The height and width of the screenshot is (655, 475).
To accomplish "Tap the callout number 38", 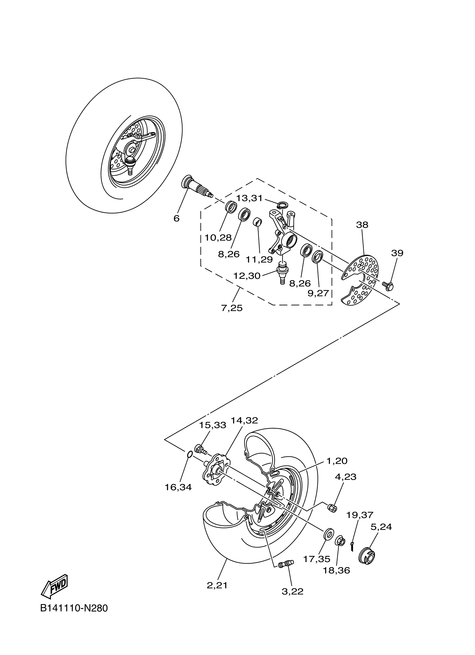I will click(x=362, y=225).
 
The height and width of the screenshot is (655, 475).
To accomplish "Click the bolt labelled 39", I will click(x=388, y=286).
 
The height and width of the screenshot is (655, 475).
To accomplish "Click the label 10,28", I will click(x=218, y=237).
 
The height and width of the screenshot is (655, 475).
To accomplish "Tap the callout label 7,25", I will click(x=232, y=308).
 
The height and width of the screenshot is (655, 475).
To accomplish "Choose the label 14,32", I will click(x=244, y=421).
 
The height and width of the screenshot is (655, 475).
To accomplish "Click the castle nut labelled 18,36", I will click(x=340, y=541).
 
